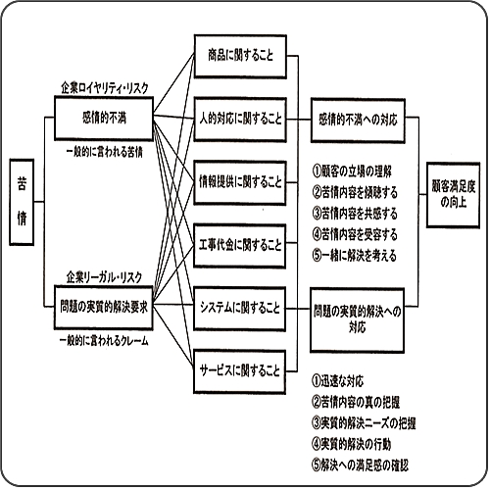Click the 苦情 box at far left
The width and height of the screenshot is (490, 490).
coord(22,202)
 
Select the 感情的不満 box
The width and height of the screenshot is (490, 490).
coord(104,119)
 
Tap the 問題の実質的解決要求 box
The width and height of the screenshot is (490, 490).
coord(104,307)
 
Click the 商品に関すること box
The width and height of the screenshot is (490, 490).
coord(240,56)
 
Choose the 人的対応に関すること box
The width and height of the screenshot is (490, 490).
coord(240,120)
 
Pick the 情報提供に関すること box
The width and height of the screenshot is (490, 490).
coord(240,182)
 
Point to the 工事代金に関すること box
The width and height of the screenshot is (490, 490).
coord(240,246)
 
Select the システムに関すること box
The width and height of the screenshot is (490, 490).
coord(240,309)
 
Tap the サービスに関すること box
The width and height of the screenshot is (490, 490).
coord(240,371)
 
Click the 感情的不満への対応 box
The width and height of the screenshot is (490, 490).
coord(358,121)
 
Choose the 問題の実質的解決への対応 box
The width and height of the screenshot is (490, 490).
coord(358,319)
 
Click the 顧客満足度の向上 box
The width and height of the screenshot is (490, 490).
coord(454,195)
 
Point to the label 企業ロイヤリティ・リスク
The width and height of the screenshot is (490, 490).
coord(105,88)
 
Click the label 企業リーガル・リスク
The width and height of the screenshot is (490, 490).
coord(104,277)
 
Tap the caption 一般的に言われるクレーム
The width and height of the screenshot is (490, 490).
coord(104,341)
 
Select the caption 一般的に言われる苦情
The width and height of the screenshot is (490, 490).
coord(105,153)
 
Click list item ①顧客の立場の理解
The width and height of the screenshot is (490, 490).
coord(352,171)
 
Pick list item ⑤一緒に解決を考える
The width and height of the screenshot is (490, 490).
coord(355,256)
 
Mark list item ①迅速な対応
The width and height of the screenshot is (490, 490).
coord(338,381)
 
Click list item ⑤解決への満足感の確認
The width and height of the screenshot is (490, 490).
coord(360,465)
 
